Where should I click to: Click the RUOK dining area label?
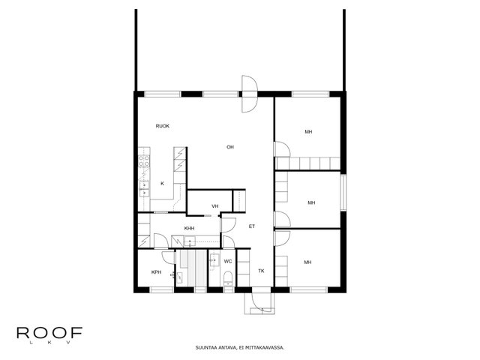point(163,126)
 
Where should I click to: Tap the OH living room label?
point(230,147)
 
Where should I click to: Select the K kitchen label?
point(162,184)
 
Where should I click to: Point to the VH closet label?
point(215,206)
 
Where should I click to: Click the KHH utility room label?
point(189,228)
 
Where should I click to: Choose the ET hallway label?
point(252,226)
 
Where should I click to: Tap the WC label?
point(228,262)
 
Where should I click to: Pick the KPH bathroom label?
point(157,272)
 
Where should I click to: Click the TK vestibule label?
point(261,271)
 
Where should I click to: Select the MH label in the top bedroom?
point(308,132)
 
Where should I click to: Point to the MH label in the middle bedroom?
point(311,202)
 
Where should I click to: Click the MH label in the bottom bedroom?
point(307,262)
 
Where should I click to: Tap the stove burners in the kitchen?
point(144,161)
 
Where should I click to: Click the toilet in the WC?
point(228,278)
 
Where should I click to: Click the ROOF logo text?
point(49,333)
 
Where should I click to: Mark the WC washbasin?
point(214,260)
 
